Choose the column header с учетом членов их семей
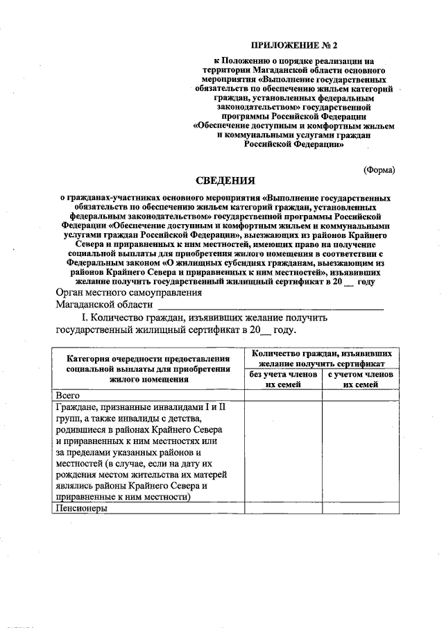(361, 379)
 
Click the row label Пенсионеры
(82, 508)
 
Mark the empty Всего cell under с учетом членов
(361, 394)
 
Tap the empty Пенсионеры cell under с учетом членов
(361, 508)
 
